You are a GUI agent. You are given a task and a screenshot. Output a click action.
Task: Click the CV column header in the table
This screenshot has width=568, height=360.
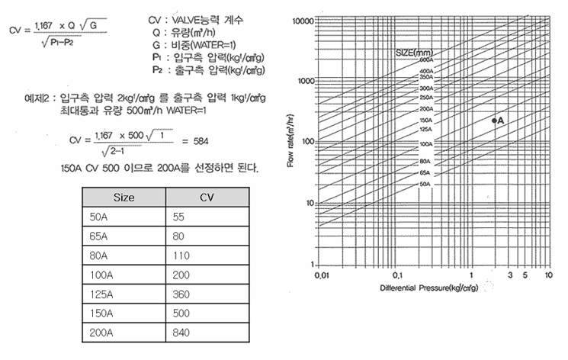(x=207, y=197)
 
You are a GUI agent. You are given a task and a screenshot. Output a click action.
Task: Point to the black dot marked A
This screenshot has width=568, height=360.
(x=494, y=121)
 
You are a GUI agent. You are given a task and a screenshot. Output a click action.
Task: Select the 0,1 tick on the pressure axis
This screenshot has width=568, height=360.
(x=396, y=273)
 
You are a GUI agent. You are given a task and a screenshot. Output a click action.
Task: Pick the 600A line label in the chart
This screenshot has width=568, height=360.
(x=425, y=59)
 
